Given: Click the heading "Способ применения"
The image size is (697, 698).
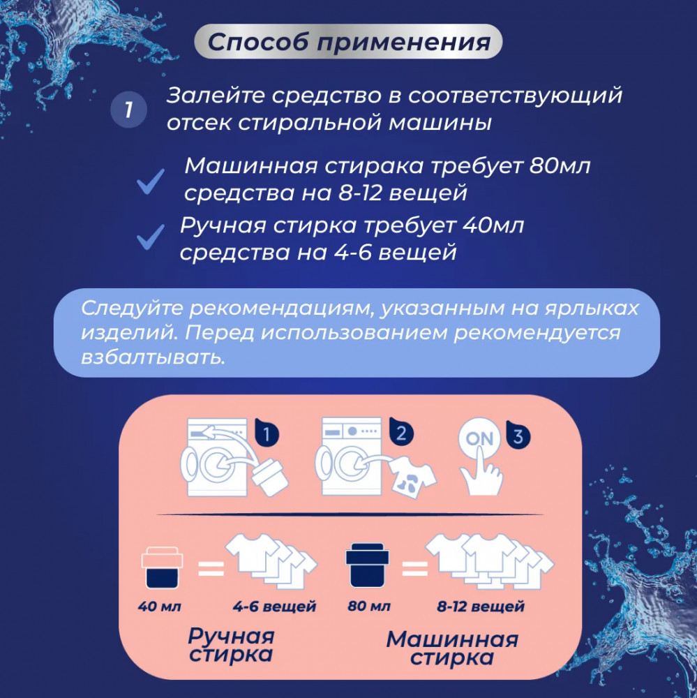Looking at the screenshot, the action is (349, 42).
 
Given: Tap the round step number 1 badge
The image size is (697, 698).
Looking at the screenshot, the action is (128, 110).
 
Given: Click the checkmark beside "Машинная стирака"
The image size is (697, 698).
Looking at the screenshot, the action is (151, 181).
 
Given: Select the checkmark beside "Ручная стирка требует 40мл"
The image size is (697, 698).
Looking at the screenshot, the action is (151, 237).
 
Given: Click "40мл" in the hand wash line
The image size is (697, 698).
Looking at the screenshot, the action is (493, 225).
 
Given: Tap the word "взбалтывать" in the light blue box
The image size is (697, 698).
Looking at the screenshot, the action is (153, 357).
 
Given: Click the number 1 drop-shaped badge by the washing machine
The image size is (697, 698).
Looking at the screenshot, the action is (267, 433).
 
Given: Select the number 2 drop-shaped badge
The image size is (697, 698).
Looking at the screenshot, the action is (401, 431).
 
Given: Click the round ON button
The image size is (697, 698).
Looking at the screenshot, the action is (479, 438).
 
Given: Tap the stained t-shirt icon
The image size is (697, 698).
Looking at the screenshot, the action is (412, 477).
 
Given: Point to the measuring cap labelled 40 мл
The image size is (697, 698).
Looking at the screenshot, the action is (162, 567).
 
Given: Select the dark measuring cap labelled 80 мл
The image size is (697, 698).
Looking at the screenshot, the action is (367, 565).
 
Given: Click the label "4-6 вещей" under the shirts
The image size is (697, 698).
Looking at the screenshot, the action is (274, 607).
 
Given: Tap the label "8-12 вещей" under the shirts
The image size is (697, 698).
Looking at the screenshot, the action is (481, 607).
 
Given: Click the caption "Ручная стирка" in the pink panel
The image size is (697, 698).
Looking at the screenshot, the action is (231, 644).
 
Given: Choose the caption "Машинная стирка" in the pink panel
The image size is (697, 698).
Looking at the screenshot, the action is (452, 648).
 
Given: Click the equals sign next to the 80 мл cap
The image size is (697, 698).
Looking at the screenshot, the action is (415, 568).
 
